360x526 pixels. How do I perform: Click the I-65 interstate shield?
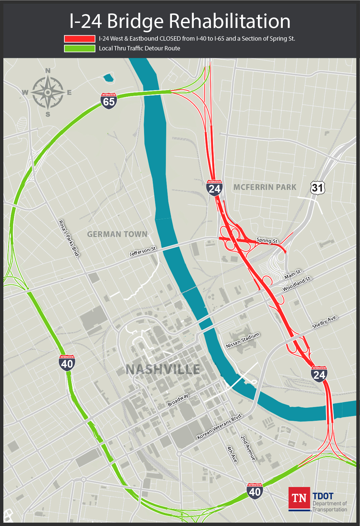108,101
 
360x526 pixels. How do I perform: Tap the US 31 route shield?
318,188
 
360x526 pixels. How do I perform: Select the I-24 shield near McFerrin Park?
214,188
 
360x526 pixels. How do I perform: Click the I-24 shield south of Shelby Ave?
319,374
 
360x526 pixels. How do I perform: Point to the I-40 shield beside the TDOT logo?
255,491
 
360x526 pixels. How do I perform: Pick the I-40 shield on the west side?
67,363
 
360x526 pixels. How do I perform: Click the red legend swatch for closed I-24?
80,39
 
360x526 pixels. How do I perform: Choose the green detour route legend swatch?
80,48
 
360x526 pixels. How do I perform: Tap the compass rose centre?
48,92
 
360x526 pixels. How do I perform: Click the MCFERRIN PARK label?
265,187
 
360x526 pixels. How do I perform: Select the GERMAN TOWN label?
117,234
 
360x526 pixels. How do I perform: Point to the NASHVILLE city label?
163,369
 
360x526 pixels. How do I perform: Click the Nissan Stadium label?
243,340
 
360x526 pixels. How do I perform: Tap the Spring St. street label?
267,240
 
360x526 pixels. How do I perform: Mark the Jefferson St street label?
143,251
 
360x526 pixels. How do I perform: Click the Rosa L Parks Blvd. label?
69,239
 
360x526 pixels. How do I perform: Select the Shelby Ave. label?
324,322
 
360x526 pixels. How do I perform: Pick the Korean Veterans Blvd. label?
220,427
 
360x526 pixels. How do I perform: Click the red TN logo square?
299,498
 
